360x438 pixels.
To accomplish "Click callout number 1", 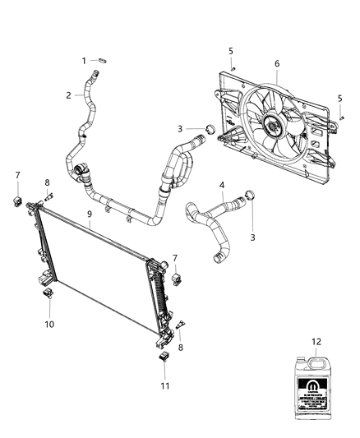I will coord(84,60).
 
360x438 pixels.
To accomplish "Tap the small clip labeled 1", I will coord(103,60).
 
